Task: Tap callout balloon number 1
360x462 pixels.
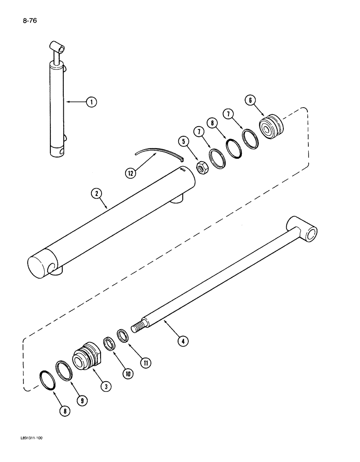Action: (92, 102)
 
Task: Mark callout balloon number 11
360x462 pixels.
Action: (146, 363)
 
